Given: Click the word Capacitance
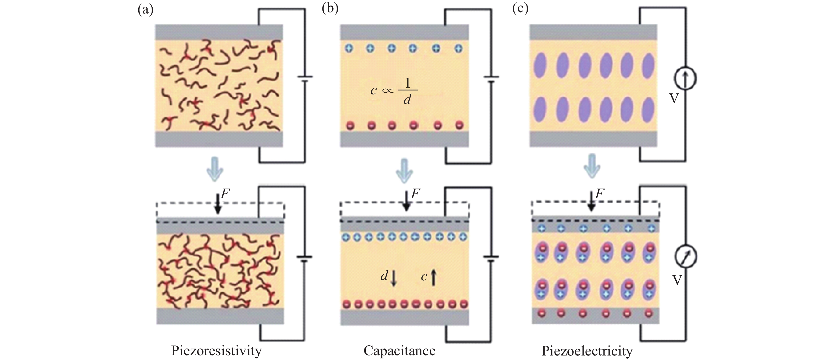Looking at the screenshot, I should [399, 351].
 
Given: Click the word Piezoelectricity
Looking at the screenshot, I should [587, 351].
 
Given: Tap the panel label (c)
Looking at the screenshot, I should [520, 8].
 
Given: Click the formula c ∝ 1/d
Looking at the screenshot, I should [394, 91].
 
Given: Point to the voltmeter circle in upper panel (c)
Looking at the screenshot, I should [685, 78].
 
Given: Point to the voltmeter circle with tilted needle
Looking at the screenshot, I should [686, 256].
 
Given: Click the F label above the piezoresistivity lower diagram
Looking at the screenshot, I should [225, 194].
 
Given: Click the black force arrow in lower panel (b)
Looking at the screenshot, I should [406, 201].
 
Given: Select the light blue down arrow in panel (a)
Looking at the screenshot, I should [215, 169].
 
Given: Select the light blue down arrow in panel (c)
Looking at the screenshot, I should [592, 166].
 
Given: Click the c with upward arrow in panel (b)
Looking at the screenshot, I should [429, 277].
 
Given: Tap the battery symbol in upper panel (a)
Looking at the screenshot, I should [305, 79].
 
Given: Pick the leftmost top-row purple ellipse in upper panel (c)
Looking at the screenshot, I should [540, 65].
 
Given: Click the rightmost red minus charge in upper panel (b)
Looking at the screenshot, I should [459, 125].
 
